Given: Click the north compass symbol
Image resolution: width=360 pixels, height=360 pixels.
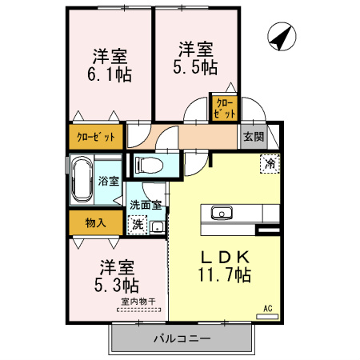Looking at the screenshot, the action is click(x=282, y=37).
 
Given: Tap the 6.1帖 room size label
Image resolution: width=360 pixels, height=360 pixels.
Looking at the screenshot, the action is click(x=110, y=74).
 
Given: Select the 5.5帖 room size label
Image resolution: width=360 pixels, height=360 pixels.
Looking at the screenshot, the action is click(x=195, y=66).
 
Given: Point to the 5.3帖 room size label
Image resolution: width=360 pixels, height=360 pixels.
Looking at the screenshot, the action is click(x=117, y=285).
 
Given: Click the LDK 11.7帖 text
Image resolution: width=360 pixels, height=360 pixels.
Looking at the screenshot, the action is click(x=224, y=266).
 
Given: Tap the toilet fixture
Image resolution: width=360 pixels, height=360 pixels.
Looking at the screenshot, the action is click(x=149, y=165).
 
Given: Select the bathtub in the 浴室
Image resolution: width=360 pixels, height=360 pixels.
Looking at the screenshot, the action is click(x=82, y=180).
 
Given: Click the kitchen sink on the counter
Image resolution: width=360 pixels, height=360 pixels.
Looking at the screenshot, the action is click(x=222, y=213).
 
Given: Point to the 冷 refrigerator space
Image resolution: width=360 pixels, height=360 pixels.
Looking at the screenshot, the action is click(x=270, y=164).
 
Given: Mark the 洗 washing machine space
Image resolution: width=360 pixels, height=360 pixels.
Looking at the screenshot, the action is click(x=138, y=225).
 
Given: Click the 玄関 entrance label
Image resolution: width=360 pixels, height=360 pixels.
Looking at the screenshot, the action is click(x=254, y=137).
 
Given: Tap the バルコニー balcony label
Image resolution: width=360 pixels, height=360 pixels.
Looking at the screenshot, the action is click(x=182, y=338).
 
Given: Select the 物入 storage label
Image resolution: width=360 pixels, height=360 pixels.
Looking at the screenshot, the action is click(x=95, y=222).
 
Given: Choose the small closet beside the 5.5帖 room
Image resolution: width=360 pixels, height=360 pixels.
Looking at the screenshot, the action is click(x=225, y=108).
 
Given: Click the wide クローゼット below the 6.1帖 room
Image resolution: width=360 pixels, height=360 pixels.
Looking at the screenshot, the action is click(x=96, y=137).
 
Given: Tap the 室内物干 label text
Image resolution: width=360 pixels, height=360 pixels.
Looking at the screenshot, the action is click(x=138, y=302).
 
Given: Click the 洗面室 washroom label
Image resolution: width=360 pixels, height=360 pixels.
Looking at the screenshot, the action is click(x=146, y=205).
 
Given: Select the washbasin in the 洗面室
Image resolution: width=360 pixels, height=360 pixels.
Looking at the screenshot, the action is click(x=158, y=227).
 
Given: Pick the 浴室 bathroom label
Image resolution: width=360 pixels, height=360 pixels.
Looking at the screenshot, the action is click(x=108, y=181).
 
